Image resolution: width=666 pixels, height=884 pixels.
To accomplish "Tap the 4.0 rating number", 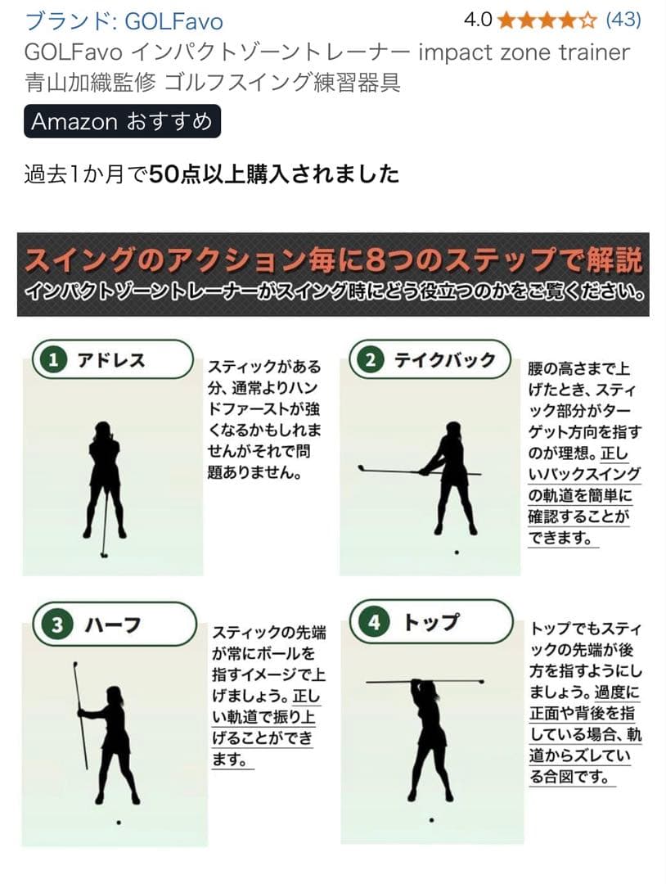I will [478, 19].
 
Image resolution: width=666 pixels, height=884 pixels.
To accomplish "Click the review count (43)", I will [624, 19].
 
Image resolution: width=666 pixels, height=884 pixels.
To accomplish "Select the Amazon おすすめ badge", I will [122, 122].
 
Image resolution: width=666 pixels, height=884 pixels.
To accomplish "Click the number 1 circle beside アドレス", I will [54, 361].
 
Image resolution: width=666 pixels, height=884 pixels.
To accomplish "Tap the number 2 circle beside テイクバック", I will [370, 361].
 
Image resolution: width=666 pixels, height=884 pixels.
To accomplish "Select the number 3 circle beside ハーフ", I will [57, 626].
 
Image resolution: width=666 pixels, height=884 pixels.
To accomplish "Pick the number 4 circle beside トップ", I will [374, 623].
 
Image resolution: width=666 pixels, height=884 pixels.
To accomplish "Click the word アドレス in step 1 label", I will [111, 360].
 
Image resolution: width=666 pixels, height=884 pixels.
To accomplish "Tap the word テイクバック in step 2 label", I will [445, 360].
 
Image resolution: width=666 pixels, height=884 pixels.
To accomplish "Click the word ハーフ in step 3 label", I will [113, 626].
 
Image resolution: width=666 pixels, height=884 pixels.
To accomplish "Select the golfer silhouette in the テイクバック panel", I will [449, 475].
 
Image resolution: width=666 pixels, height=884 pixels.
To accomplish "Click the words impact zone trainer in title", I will [524, 52].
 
